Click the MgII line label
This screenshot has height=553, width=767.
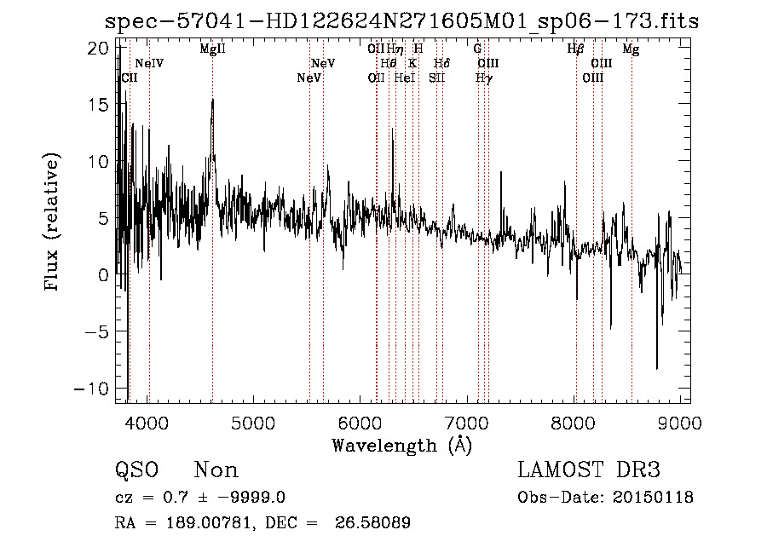click(x=212, y=49)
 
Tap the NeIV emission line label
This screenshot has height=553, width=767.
click(x=149, y=64)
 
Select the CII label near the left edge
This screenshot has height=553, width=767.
click(x=130, y=78)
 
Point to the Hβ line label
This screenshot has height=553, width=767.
click(x=575, y=49)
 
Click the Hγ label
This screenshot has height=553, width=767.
click(x=483, y=78)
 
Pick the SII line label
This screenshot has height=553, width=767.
click(x=436, y=78)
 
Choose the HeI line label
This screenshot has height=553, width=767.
click(x=404, y=78)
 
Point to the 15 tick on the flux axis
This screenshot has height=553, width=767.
click(x=101, y=105)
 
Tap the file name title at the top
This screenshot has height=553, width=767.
click(x=401, y=21)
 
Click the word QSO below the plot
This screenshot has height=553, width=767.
click(x=136, y=470)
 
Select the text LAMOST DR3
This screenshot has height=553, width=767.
click(x=589, y=470)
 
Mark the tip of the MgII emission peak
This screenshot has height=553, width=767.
click(x=212, y=100)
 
